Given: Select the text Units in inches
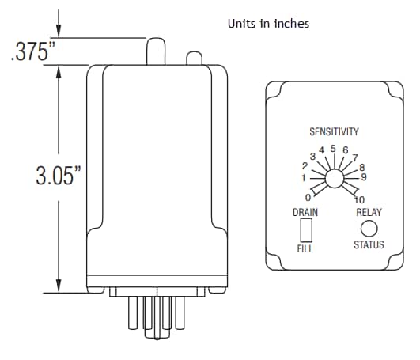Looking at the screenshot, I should point(268,24).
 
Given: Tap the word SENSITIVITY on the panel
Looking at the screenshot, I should point(334,131).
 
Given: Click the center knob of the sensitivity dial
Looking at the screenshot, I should point(335,180).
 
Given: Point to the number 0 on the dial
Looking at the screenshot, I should point(307,196).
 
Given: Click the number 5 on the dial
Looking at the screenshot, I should point(333,148).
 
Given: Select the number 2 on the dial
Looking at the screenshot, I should point(305,167).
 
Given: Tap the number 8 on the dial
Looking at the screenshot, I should point(362,167).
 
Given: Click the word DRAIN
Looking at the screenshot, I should point(305,212).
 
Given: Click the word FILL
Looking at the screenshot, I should point(305,248).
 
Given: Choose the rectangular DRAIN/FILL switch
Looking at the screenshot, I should point(306,230).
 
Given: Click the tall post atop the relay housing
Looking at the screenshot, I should point(155,51).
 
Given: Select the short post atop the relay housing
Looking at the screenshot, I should point(192,58).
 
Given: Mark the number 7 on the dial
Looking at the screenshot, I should point(357,157).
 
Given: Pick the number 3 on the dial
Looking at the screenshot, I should point(312,157).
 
